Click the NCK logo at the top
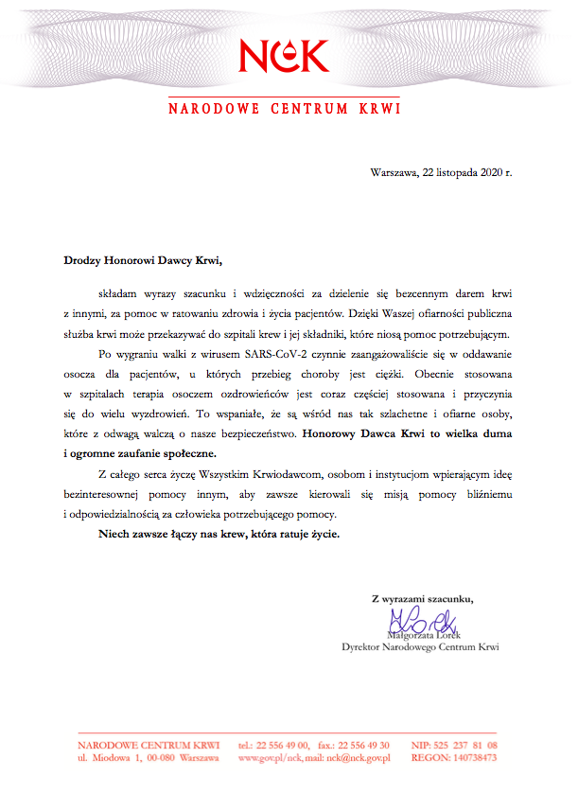(284, 56)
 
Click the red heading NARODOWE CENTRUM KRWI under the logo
(284, 108)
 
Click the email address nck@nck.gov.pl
(356, 758)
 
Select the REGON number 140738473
(471, 758)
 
